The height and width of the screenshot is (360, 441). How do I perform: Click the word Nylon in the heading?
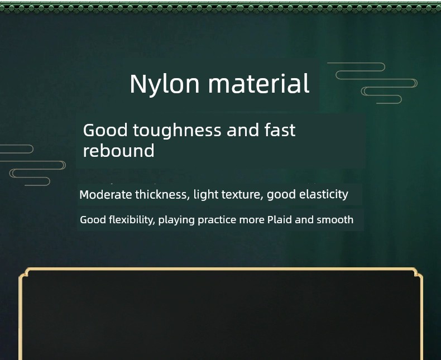(165, 84)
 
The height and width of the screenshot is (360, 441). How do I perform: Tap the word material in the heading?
(259, 83)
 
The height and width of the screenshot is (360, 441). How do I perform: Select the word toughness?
(177, 131)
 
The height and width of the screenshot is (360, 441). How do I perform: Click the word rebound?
(119, 151)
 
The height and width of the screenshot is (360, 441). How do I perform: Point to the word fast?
(280, 130)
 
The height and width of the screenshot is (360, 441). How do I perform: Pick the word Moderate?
(106, 195)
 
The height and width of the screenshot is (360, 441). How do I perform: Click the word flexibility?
(132, 220)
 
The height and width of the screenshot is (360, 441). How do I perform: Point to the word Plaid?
(280, 220)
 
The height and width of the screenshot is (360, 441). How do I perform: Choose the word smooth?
(335, 220)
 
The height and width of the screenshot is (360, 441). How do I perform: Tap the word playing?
(176, 220)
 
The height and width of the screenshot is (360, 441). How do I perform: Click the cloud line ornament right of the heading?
(372, 83)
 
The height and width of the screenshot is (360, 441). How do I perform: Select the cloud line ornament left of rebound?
(33, 165)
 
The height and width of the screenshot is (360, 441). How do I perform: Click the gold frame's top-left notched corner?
(24, 273)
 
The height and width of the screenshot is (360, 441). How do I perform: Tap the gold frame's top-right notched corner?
(418, 273)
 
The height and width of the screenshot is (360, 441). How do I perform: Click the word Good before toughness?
(105, 130)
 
